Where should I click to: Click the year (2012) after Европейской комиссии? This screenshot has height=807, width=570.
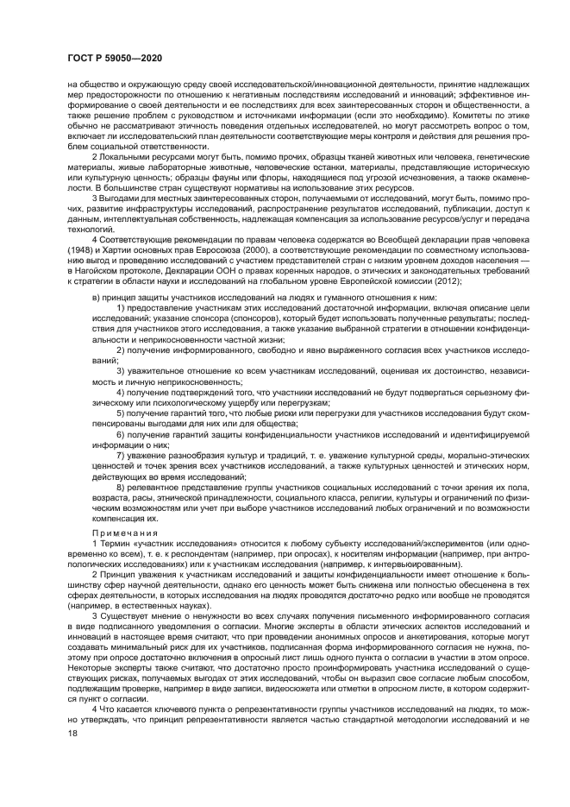[x=448, y=281]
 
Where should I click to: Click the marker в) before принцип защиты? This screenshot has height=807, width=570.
[x=96, y=298]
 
